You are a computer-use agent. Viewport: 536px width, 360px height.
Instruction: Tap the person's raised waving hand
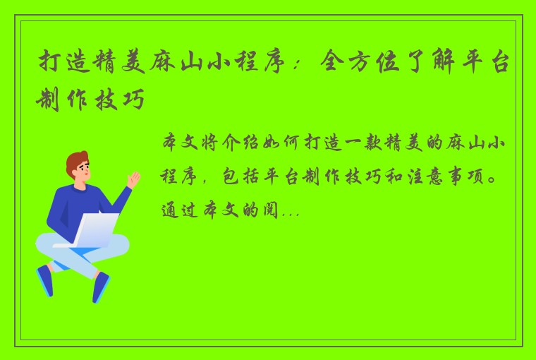(133, 177)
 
